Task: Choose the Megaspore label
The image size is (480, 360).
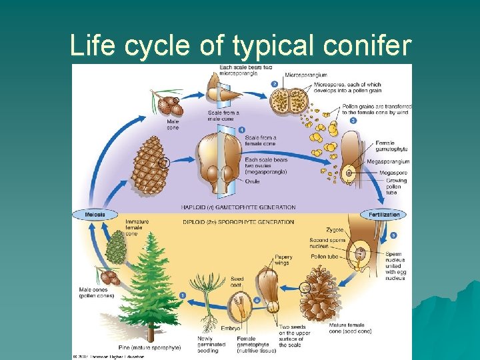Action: click(393, 172)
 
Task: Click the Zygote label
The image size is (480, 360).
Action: click(336, 229)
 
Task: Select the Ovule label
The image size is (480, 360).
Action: click(253, 182)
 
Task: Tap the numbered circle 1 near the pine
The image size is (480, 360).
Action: click(183, 295)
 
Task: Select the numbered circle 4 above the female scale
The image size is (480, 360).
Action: click(241, 129)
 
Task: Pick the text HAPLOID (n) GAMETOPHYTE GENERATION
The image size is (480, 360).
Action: click(238, 207)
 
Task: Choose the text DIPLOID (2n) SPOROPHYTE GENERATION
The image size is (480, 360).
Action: click(238, 222)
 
